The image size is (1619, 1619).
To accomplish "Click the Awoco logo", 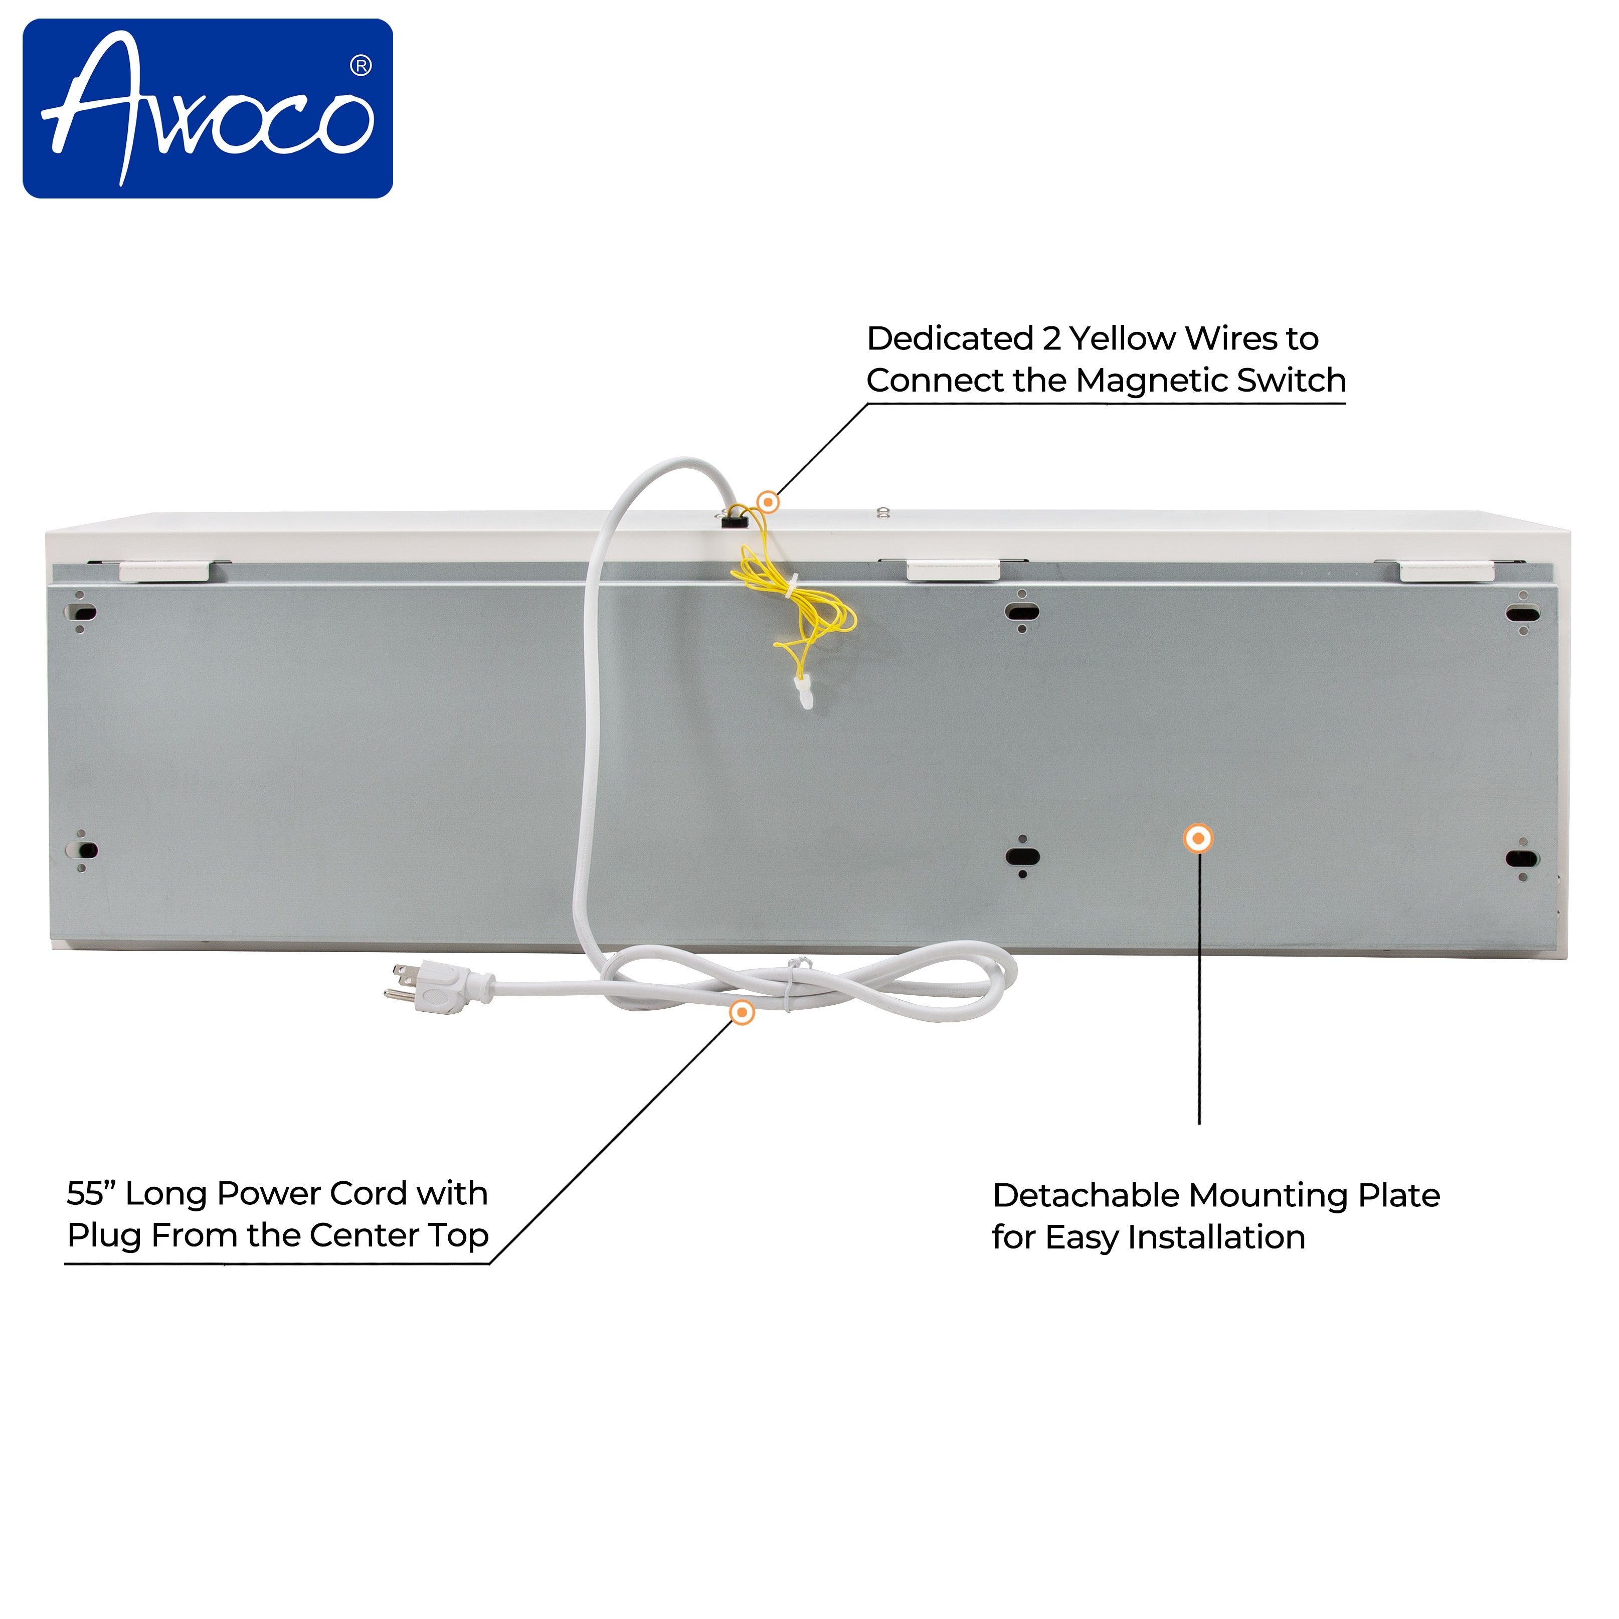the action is [x=208, y=109].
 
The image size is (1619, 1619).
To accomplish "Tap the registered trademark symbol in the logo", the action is [x=361, y=65].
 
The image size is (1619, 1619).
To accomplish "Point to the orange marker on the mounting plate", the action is [x=1198, y=838].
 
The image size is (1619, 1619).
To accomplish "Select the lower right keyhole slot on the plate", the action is [x=1522, y=859].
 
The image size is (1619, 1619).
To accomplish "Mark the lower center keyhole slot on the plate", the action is [x=1022, y=856].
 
